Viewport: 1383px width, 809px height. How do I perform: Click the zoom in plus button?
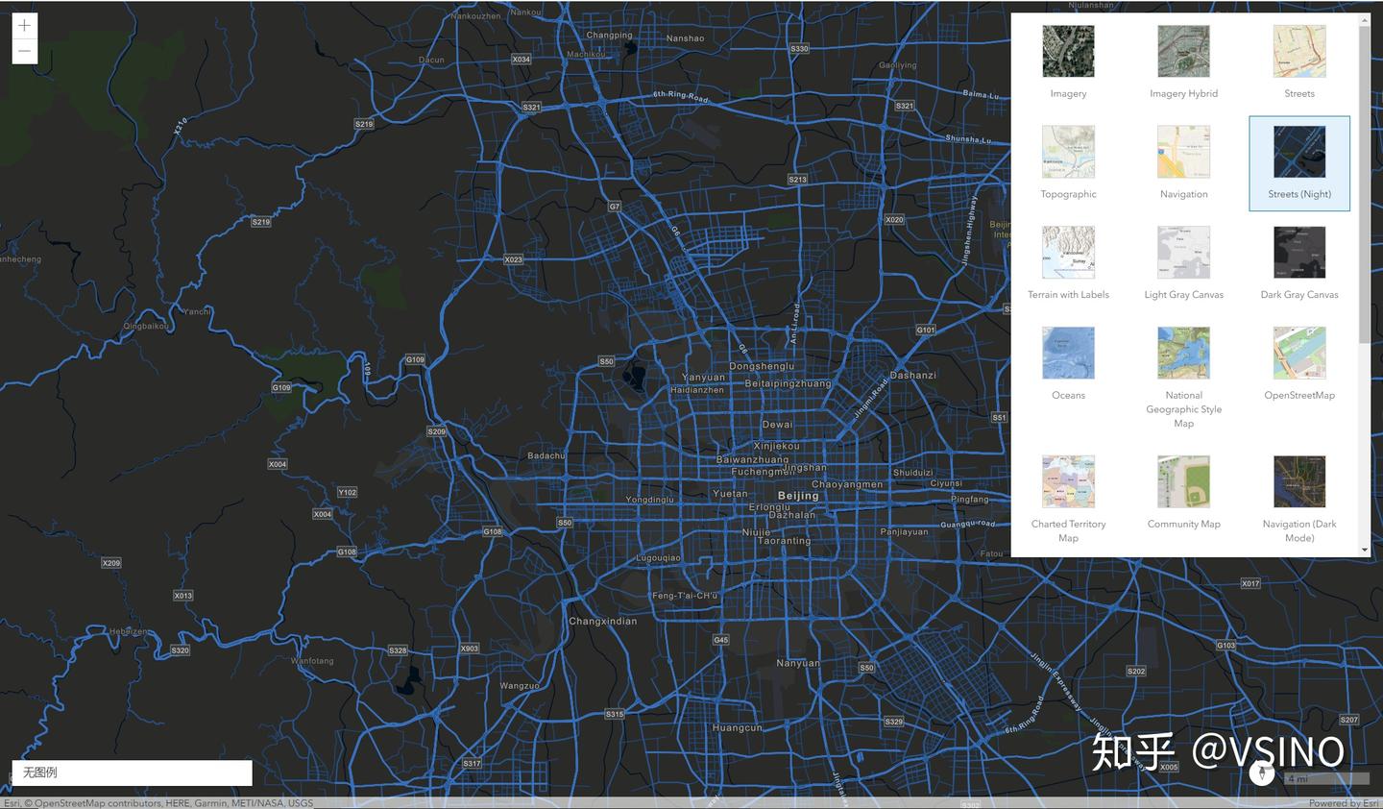[x=24, y=26]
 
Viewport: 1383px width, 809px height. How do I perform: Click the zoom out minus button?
[x=24, y=51]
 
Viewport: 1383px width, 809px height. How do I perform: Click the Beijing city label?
[x=798, y=496]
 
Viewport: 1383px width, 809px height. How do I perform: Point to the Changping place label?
[x=609, y=36]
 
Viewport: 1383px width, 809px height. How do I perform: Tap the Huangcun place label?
[x=738, y=728]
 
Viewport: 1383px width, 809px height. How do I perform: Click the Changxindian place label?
[x=602, y=622]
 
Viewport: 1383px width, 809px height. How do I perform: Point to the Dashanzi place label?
[x=912, y=376]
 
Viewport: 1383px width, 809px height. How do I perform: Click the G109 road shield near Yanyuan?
[x=415, y=359]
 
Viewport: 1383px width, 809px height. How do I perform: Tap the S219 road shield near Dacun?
[x=364, y=124]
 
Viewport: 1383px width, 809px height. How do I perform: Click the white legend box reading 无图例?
[x=132, y=772]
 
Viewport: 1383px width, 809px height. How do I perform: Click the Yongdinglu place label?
[x=650, y=500]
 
